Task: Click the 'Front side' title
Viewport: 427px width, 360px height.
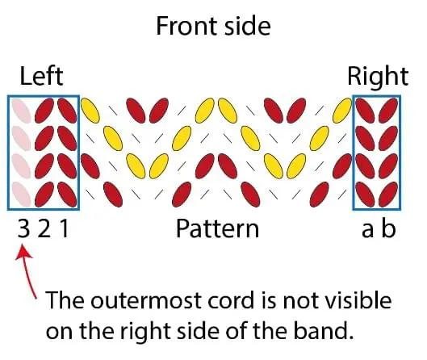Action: [x=213, y=26]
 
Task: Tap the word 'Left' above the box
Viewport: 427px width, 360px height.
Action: [x=41, y=76]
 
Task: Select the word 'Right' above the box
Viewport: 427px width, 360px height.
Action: [x=378, y=77]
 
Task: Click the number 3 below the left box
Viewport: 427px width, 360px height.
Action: [x=23, y=228]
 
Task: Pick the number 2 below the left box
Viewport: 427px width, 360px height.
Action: [x=44, y=228]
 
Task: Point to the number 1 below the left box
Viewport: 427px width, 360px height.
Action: [x=64, y=228]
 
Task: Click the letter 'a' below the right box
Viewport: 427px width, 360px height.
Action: [x=367, y=229]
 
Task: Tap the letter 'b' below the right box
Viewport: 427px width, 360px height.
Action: [x=388, y=228]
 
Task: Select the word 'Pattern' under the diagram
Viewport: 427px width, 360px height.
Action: [x=217, y=228]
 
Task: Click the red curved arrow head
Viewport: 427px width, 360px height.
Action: [x=23, y=252]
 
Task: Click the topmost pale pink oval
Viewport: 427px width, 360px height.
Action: [x=21, y=111]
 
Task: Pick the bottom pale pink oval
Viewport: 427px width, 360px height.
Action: [x=21, y=194]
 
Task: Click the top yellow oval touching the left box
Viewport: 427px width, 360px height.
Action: [x=90, y=111]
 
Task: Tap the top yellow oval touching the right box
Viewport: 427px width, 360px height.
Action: [x=342, y=111]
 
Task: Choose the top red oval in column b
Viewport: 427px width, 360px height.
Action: [x=388, y=111]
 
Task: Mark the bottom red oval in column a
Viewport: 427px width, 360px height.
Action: [x=365, y=194]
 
